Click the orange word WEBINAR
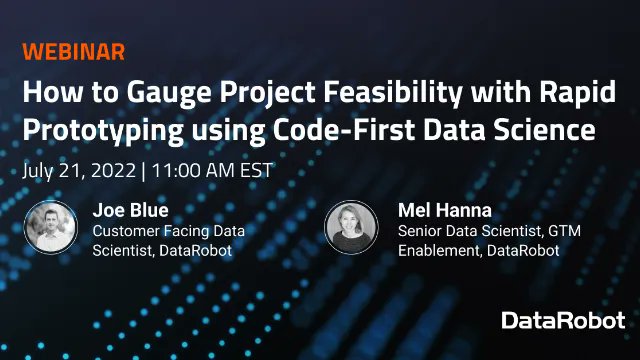pos(74,53)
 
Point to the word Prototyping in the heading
pos(92,131)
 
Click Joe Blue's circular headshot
pos(49,228)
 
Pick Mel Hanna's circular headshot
pos(351,228)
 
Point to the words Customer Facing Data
pos(168,231)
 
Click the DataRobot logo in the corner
pos(564,321)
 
